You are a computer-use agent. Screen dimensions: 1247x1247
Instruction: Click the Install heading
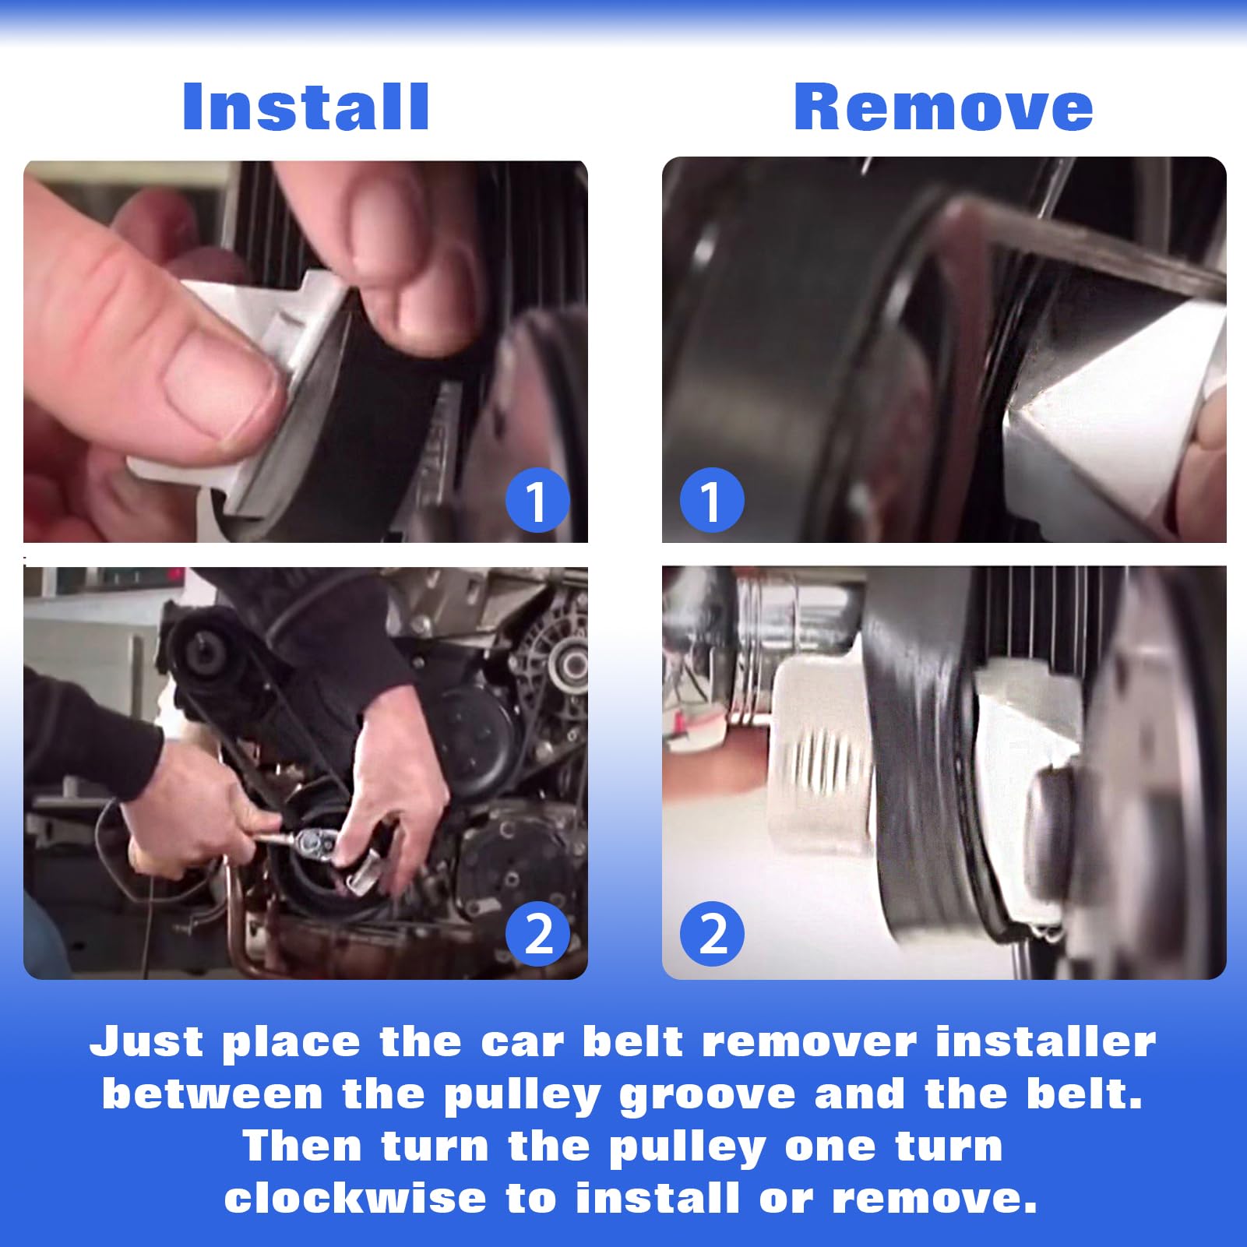click(x=305, y=107)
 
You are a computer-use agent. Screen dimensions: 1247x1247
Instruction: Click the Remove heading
click(x=943, y=107)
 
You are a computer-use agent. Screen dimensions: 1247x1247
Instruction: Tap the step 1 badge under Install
click(x=537, y=501)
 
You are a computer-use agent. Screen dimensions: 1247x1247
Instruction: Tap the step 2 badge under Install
click(x=537, y=933)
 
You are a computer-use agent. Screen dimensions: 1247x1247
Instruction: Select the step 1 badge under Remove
click(x=712, y=501)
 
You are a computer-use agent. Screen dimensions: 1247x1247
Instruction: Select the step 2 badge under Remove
click(x=712, y=933)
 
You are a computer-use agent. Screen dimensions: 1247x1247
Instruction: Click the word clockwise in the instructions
click(x=355, y=1198)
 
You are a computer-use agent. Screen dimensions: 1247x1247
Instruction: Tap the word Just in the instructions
click(x=147, y=1041)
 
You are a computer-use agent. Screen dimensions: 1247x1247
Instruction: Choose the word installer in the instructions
click(x=1046, y=1041)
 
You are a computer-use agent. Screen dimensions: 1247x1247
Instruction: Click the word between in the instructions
click(x=213, y=1094)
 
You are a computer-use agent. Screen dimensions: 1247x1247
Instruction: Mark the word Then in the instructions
click(x=302, y=1146)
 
